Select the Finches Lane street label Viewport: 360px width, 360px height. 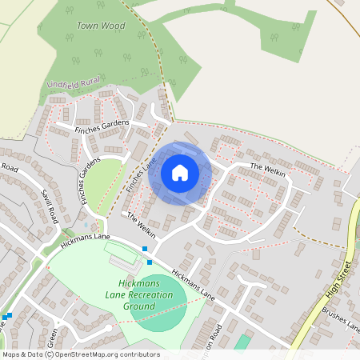138,174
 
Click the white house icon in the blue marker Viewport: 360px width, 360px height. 180,173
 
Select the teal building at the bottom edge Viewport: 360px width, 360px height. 241,343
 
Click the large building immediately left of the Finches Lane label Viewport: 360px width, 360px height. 138,152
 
